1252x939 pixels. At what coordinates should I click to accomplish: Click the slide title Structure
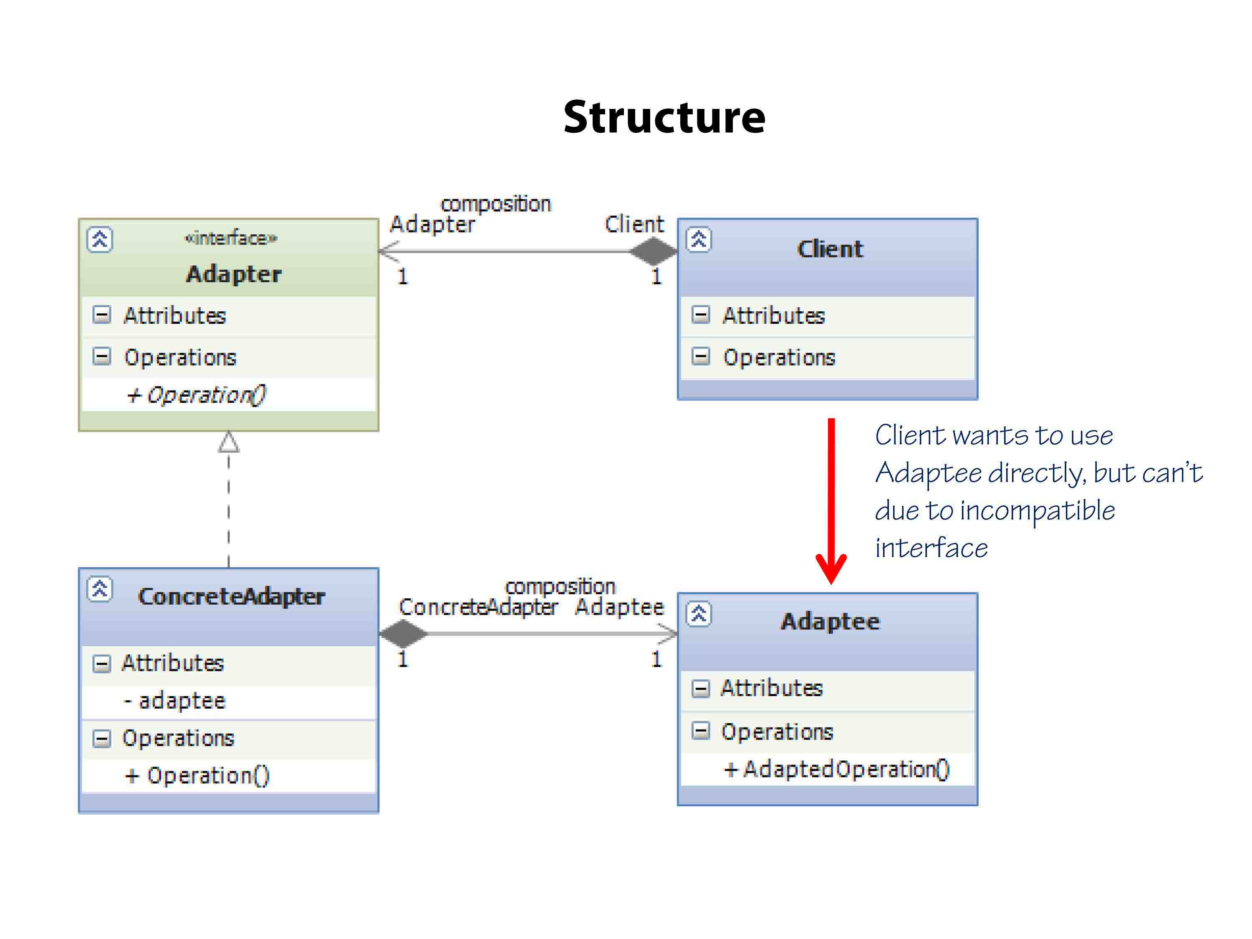[x=664, y=117]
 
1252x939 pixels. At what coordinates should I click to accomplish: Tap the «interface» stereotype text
[x=231, y=238]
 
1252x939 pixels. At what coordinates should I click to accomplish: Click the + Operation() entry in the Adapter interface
[x=196, y=394]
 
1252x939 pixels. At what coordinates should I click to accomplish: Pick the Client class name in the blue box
[x=830, y=249]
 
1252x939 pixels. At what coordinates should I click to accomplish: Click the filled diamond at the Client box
[x=653, y=251]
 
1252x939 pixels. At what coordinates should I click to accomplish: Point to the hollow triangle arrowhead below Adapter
[x=229, y=443]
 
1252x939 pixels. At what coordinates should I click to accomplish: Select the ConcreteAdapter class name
[x=231, y=596]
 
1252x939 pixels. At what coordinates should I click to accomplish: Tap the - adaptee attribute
[x=175, y=701]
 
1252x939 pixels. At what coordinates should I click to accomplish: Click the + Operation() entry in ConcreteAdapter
[x=197, y=775]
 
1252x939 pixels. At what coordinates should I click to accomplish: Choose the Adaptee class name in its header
[x=830, y=621]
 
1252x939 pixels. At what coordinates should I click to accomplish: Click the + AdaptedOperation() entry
[x=837, y=769]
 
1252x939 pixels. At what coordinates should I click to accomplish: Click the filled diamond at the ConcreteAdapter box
[x=403, y=634]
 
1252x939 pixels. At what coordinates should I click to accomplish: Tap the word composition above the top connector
[x=495, y=204]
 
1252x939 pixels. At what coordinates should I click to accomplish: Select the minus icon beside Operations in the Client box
[x=700, y=356]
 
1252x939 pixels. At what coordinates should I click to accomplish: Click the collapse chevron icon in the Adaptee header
[x=699, y=614]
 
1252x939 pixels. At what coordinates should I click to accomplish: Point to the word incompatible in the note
[x=1037, y=510]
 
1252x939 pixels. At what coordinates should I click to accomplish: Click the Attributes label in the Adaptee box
[x=771, y=688]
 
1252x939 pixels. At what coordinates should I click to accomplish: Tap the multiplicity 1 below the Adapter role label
[x=402, y=277]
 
